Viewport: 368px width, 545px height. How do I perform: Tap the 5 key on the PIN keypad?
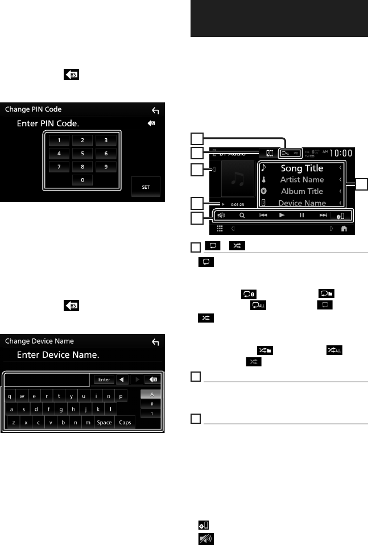[x=82, y=152]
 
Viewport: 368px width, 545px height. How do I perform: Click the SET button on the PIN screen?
[x=146, y=185]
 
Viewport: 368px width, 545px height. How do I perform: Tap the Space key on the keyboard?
[x=104, y=423]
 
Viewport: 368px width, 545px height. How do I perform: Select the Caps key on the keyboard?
[x=125, y=423]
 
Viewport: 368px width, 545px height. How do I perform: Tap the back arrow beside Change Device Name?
[x=155, y=342]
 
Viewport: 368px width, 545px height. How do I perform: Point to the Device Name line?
[x=301, y=203]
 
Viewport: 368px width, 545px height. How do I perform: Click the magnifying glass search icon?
[x=241, y=216]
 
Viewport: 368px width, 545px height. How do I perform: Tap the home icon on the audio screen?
[x=344, y=229]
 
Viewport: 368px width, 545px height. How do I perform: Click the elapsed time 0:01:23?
[x=238, y=203]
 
